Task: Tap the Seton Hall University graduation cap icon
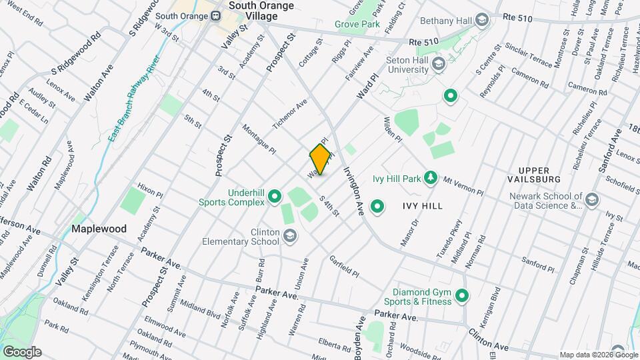[438, 64]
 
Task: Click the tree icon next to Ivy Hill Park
[431, 178]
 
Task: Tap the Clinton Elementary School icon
[290, 235]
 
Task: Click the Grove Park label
[357, 25]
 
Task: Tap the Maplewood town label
[99, 229]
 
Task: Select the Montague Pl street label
[259, 139]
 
